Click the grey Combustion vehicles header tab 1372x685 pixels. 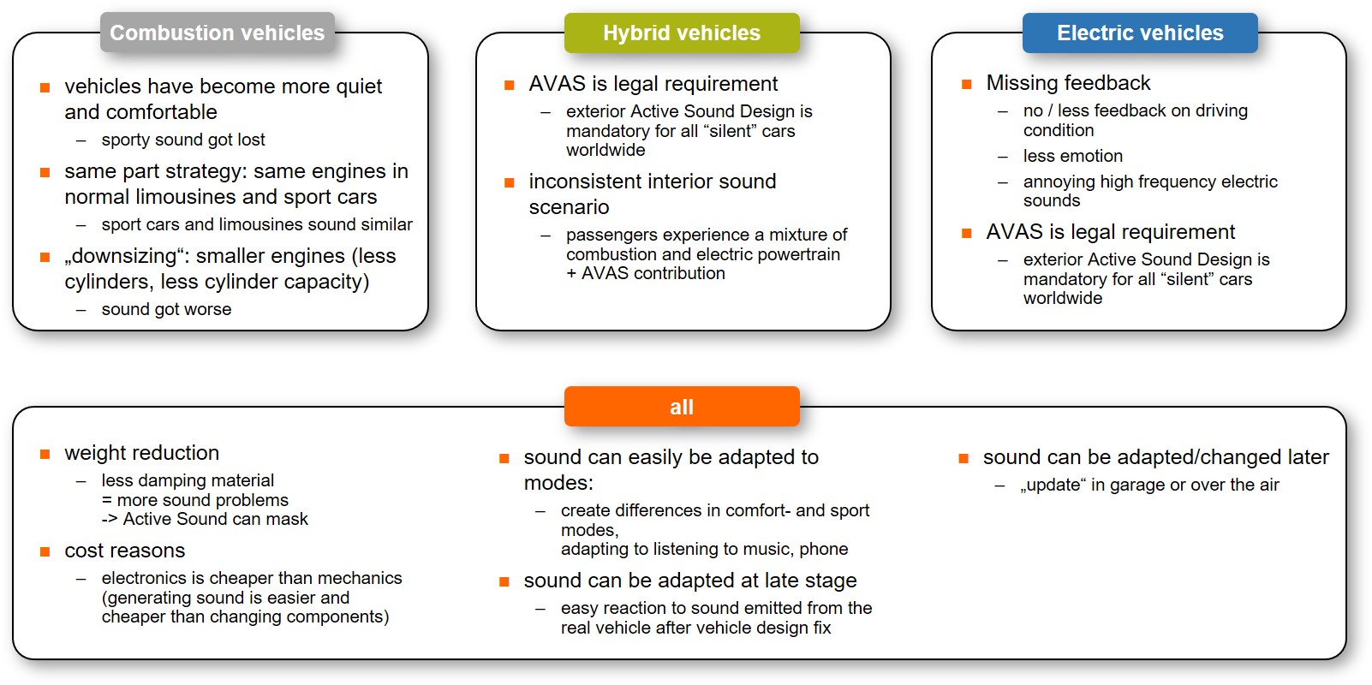[218, 33]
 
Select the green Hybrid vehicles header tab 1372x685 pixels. [682, 33]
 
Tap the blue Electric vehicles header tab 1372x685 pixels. [1140, 33]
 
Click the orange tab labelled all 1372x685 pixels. [682, 407]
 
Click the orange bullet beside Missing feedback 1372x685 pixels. [967, 84]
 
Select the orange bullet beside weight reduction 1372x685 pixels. [45, 454]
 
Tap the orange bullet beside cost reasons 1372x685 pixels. [45, 551]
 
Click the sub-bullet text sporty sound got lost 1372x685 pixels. [183, 140]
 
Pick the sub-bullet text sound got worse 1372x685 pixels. [167, 309]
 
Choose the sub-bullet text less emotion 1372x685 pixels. [1072, 156]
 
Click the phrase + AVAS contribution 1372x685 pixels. [646, 273]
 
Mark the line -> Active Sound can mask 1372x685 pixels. [205, 519]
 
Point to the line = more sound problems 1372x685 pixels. [194, 500]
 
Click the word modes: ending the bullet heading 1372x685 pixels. [558, 483]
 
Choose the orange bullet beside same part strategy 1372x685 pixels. [45, 173]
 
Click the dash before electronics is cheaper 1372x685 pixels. [81, 579]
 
